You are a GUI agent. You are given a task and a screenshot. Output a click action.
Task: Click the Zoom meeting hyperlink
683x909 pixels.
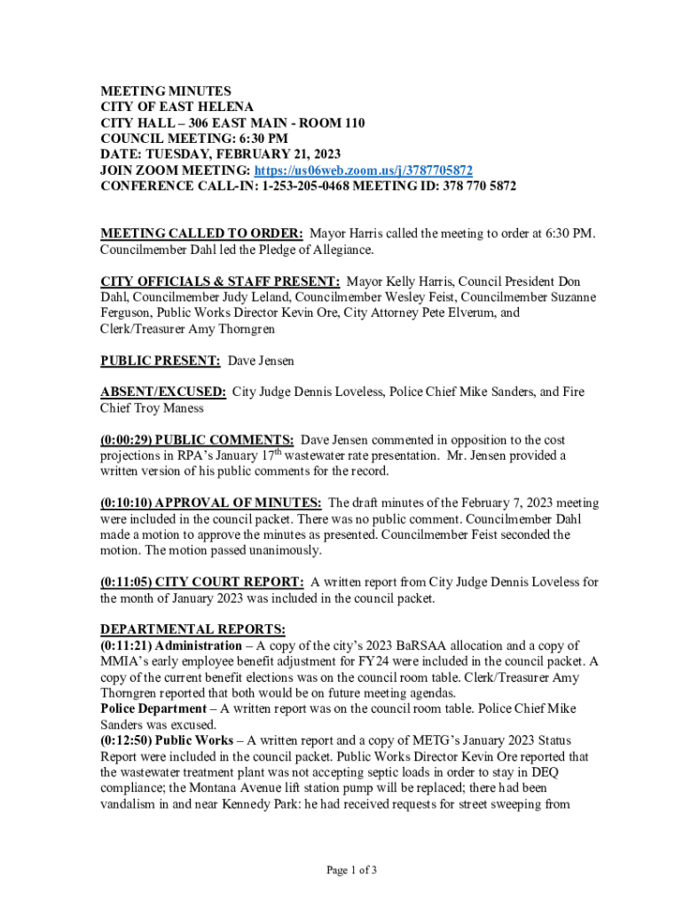364,170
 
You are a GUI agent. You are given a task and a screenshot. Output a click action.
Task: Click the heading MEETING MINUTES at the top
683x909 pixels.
166,91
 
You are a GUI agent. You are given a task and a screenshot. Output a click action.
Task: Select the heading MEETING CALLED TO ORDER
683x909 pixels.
202,233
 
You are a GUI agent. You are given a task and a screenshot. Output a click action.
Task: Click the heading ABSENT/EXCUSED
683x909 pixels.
163,392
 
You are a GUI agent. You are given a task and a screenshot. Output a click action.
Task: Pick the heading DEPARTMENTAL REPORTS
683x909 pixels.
192,629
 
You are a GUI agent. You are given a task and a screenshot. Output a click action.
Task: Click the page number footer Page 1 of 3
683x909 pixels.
352,870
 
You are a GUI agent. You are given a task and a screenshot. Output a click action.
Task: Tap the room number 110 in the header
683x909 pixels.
352,123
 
